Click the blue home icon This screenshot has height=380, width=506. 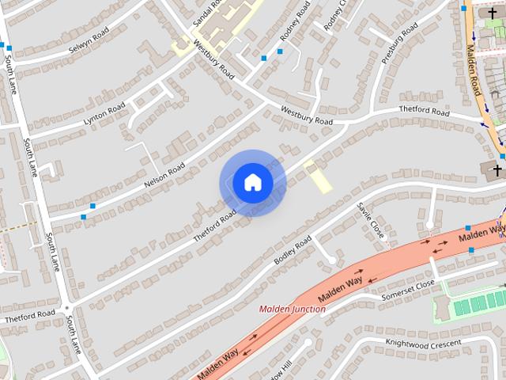coord(252,183)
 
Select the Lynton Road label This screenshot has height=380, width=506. coord(104,114)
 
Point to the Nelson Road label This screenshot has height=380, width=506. coord(164,175)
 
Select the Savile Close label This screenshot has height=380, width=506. coord(370,219)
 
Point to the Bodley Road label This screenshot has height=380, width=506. coord(293,250)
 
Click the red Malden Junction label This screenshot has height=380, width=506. coord(292,310)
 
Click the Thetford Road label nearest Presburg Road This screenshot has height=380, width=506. coord(424,112)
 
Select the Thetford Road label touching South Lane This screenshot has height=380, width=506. coord(30,314)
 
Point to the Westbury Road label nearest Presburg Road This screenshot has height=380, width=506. coord(307,116)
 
